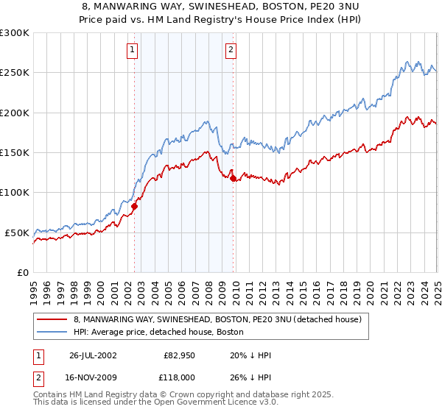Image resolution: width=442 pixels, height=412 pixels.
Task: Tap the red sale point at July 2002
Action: point(135,207)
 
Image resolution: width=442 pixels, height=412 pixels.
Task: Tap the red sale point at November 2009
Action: point(234,179)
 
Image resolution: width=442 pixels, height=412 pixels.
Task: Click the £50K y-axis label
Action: point(18,232)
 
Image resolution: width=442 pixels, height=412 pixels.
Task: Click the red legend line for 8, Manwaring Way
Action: point(52,320)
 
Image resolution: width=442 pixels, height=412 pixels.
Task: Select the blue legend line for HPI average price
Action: point(52,333)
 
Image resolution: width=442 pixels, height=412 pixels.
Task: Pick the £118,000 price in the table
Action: point(179,376)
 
